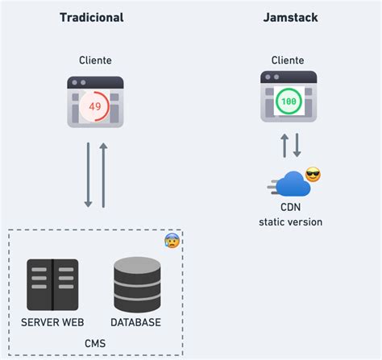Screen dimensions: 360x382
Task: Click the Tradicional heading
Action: click(92, 17)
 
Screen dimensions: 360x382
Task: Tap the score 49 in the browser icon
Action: click(95, 106)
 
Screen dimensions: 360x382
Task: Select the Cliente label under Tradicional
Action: click(95, 60)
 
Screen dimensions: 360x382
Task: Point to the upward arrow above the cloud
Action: click(284, 146)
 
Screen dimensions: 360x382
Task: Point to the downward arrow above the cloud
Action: click(297, 146)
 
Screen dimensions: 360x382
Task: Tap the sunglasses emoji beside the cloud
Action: click(313, 175)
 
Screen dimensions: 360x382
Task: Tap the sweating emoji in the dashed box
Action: click(171, 240)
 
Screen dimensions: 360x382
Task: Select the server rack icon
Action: click(52, 284)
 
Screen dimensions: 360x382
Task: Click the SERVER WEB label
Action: click(52, 322)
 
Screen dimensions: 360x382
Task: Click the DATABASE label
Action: click(136, 322)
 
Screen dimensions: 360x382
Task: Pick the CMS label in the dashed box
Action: click(95, 344)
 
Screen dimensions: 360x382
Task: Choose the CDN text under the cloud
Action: click(290, 207)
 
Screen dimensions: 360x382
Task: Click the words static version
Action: click(290, 221)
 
